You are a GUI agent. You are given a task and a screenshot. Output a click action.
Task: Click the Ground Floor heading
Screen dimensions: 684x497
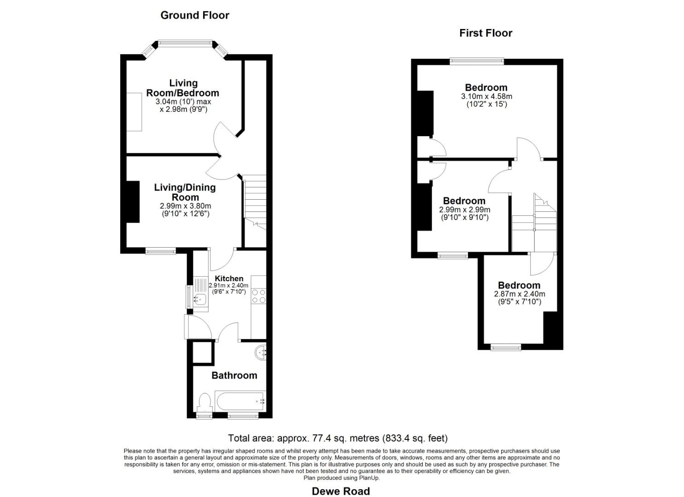195,15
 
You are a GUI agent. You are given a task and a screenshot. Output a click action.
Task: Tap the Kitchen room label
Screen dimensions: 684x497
229,278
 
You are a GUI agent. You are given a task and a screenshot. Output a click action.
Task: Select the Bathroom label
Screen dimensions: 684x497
234,375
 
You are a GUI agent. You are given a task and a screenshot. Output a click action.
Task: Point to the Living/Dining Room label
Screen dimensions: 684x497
185,192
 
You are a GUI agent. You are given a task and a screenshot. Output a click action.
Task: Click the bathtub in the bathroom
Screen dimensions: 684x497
240,401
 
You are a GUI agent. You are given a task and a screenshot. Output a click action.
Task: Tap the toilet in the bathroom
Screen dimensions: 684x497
204,403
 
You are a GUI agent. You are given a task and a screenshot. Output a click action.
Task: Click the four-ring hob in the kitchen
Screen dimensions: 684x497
259,296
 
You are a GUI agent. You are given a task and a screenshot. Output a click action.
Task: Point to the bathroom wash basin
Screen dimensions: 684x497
260,353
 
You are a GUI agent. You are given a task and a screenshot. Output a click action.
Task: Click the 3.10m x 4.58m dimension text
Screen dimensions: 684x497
486,97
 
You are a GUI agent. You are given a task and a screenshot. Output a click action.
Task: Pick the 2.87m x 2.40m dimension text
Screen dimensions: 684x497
520,294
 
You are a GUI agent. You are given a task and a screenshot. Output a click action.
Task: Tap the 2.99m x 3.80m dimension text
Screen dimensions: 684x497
185,206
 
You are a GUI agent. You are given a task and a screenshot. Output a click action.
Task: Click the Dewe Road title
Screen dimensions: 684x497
341,491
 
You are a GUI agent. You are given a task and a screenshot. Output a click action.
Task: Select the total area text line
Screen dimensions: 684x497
338,438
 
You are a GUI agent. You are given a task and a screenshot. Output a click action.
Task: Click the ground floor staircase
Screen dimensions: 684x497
255,202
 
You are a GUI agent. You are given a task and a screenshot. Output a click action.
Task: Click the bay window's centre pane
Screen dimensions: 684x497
185,43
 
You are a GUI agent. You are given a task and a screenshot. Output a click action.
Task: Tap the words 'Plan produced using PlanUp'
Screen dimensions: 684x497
341,478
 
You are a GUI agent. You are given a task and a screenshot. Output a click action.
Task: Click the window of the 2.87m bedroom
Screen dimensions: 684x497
506,347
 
